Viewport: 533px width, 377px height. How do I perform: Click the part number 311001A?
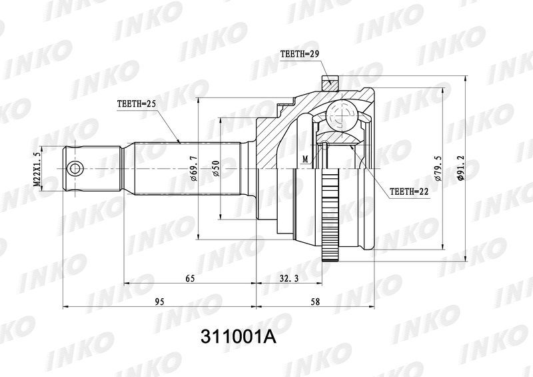[239, 337]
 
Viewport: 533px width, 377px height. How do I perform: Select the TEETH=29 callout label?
[297, 54]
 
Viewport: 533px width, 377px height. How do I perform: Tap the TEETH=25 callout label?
[137, 104]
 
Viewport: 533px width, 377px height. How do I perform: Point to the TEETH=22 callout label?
[409, 192]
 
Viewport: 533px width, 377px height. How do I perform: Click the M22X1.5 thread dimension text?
[37, 169]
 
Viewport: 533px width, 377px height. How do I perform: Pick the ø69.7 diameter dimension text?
[193, 169]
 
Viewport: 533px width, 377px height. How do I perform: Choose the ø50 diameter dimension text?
[216, 169]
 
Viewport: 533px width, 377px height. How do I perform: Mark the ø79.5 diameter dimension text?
[438, 169]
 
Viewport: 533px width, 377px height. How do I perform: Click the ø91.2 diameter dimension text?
[461, 169]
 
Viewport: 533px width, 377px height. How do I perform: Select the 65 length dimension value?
[190, 278]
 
